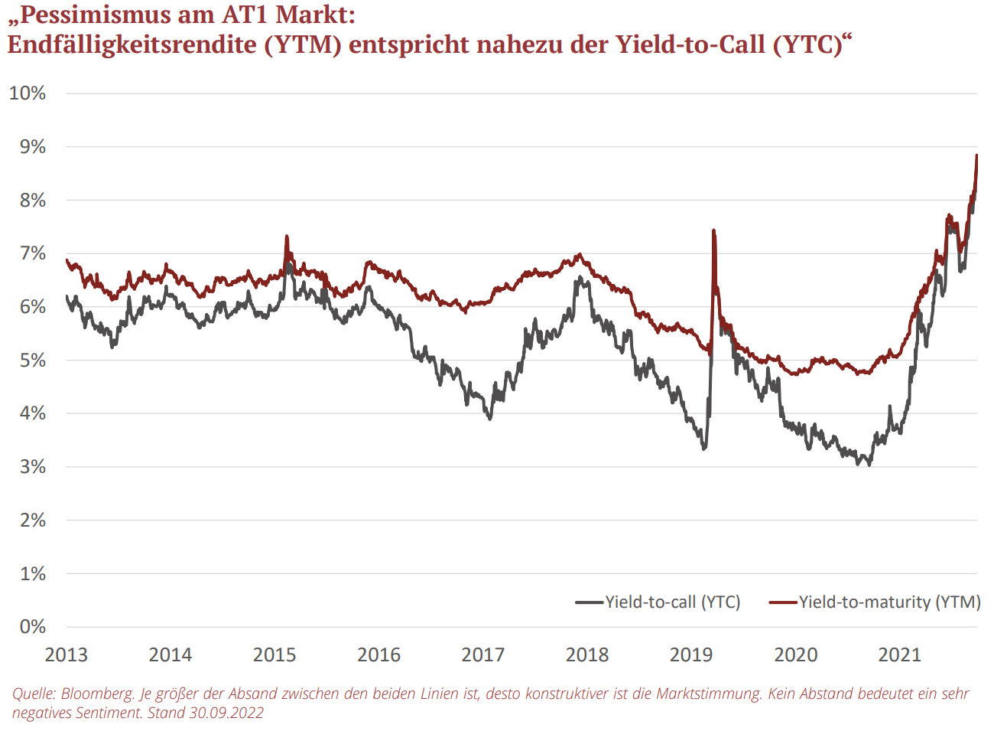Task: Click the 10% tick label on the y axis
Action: point(28,93)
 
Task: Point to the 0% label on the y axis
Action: point(32,627)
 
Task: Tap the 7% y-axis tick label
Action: point(32,253)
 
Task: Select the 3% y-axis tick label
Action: point(32,467)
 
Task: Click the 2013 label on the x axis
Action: point(67,655)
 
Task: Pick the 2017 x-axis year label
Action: point(482,655)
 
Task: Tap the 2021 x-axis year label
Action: point(899,655)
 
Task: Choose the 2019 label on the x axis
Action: point(691,655)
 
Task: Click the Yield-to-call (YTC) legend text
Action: point(673,602)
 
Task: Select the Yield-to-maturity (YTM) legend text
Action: point(889,602)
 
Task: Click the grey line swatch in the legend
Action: point(590,602)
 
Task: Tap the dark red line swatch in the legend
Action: point(783,602)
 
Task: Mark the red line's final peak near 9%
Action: point(976,155)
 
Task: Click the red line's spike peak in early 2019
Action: point(713,230)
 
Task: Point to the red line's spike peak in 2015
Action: point(287,236)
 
